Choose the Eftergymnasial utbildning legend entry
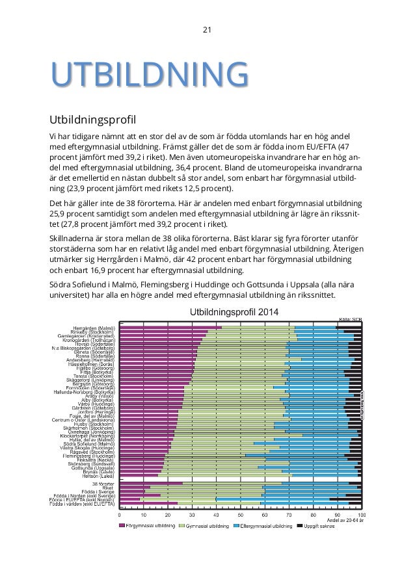pos(265,525)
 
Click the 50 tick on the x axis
pos(241,514)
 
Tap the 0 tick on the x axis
pos(119,514)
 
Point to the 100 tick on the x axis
pos(362,514)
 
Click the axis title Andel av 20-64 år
pos(345,519)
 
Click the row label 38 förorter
pos(103,484)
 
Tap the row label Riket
pos(109,488)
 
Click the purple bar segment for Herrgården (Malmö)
pos(170,328)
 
